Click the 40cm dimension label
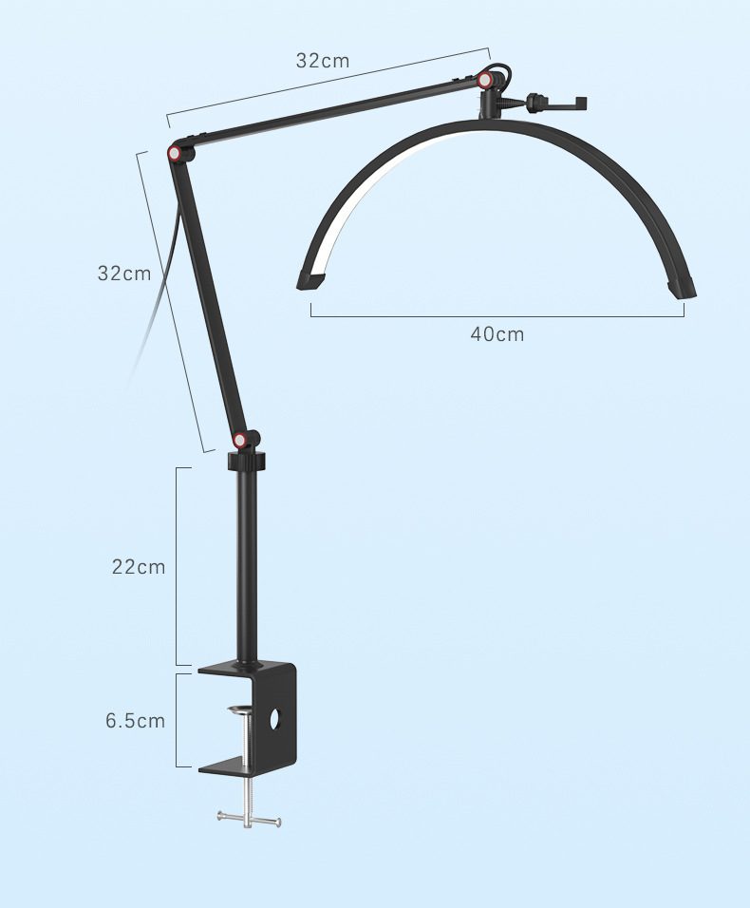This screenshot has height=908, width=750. point(497,334)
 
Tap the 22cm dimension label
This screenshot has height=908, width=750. point(139,567)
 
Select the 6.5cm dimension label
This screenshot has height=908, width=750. point(136,721)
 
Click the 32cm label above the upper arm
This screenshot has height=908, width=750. point(323,60)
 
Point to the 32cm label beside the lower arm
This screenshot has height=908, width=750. point(124,273)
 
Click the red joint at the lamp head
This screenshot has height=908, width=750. point(485,80)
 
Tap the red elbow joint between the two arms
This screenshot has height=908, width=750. point(174,154)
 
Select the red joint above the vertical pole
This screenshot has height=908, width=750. point(239,441)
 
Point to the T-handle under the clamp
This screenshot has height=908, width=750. point(250,818)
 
